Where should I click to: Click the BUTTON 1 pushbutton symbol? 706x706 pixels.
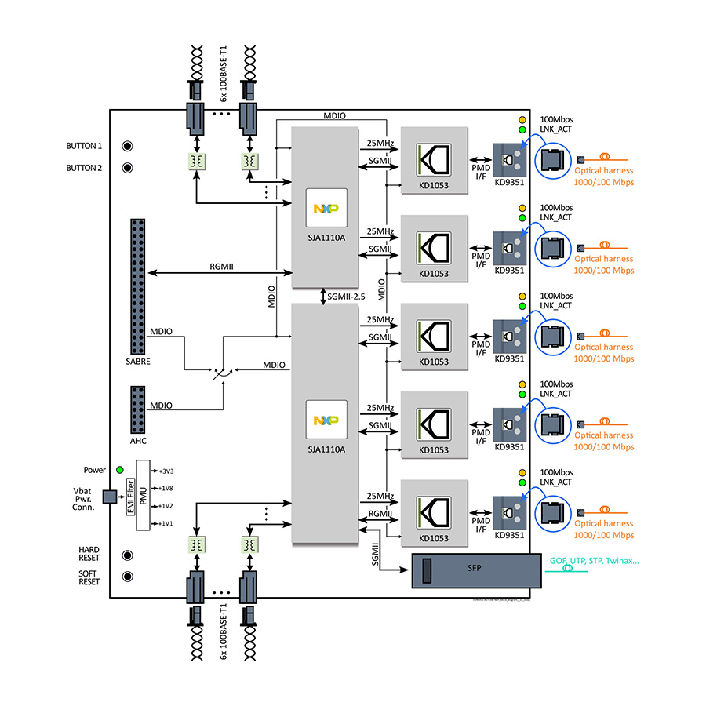(x=127, y=146)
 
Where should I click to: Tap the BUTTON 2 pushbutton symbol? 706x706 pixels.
(x=127, y=167)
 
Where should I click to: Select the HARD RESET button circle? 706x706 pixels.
(x=127, y=555)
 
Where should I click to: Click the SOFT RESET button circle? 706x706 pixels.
(x=127, y=577)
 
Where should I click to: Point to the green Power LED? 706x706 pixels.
(x=119, y=469)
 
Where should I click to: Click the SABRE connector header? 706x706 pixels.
(x=139, y=287)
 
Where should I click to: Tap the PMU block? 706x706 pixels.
(x=142, y=497)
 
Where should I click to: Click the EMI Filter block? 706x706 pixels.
(x=129, y=497)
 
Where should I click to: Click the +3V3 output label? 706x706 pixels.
(x=165, y=471)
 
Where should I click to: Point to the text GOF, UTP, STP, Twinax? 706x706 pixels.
(x=594, y=561)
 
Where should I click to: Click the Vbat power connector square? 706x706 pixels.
(x=109, y=497)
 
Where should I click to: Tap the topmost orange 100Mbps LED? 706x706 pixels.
(x=521, y=119)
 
